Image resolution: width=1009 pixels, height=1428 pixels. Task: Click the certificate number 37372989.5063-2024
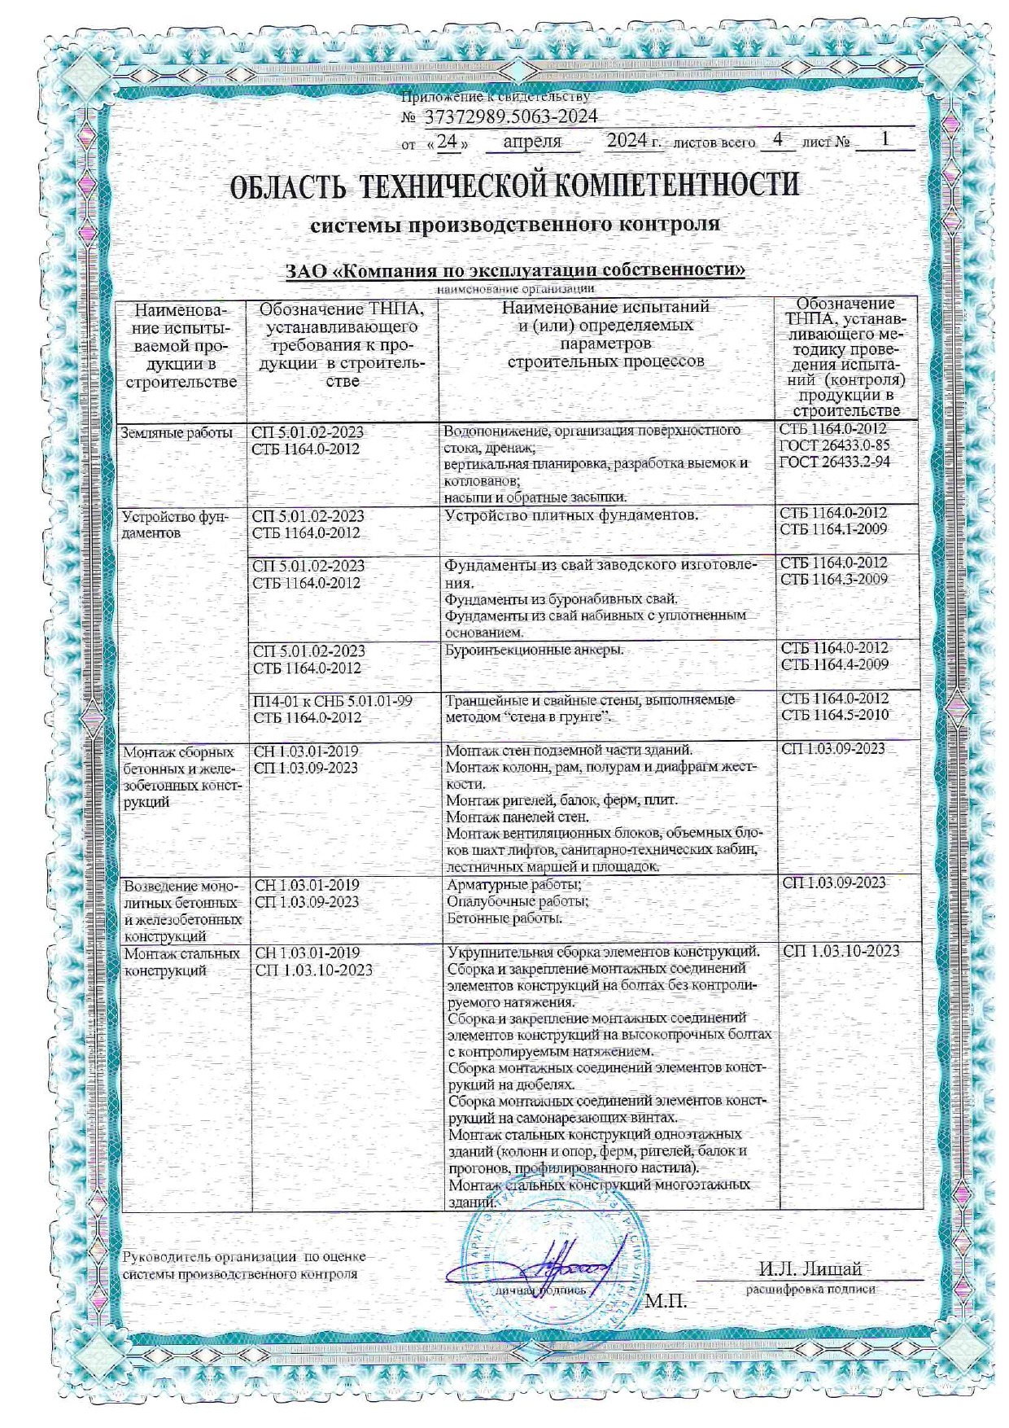510,116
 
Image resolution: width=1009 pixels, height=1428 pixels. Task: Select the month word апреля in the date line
532,141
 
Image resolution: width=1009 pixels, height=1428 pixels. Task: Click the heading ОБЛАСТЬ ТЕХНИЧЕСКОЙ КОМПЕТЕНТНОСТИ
515,186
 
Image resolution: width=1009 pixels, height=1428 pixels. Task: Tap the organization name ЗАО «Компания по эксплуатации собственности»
516,270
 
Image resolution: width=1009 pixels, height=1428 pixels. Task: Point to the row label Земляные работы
177,433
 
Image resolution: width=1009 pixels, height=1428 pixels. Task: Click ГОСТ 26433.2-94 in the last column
834,462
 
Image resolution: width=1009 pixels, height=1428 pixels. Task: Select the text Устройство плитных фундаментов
571,515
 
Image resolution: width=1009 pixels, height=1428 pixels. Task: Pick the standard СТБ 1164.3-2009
834,580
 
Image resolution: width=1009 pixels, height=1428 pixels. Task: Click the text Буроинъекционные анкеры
535,650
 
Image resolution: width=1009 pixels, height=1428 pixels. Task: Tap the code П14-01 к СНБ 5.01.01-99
332,701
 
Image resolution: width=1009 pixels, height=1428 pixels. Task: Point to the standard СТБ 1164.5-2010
835,715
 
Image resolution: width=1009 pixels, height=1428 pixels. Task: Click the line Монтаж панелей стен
518,816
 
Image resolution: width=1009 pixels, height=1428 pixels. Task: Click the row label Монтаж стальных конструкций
181,961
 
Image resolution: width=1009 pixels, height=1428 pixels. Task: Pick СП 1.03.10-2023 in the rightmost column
841,951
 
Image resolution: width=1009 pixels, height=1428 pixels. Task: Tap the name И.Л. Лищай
809,1268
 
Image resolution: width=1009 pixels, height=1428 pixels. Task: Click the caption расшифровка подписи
810,1289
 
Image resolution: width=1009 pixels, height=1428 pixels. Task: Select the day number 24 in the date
447,141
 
